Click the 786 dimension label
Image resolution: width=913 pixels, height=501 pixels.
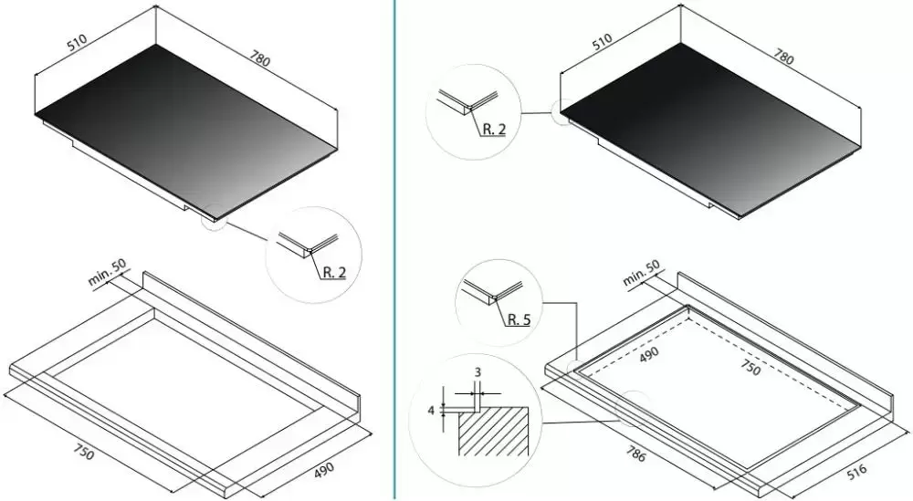coord(635,454)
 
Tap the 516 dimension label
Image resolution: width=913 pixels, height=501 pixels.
coord(856,470)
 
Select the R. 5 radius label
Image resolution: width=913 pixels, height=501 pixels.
coord(519,319)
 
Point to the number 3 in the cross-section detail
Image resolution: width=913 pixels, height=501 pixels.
coord(477,372)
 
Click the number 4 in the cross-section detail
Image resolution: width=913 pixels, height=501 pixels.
coord(432,411)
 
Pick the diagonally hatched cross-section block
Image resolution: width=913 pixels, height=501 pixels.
coord(493,431)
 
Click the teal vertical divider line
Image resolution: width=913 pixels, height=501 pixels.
coord(394,250)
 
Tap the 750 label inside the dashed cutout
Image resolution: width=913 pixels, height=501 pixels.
coord(750,367)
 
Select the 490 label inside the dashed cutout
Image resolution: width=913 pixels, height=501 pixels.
coord(649,354)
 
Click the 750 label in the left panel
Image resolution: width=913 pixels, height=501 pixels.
coord(83,452)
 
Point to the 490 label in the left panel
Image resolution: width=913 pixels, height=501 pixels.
coord(324,470)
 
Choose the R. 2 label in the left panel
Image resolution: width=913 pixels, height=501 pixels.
coord(333,272)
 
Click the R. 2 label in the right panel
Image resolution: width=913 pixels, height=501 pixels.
coord(494,130)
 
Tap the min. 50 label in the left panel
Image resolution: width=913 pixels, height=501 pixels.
coord(107,273)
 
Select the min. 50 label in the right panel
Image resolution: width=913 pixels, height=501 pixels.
coord(642,273)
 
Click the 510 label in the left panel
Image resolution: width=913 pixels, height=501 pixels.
coord(77,43)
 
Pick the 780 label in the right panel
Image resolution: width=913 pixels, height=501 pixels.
coord(783,56)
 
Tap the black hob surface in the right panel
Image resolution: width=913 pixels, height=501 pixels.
coord(710,130)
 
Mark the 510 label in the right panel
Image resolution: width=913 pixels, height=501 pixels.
coord(602,41)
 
